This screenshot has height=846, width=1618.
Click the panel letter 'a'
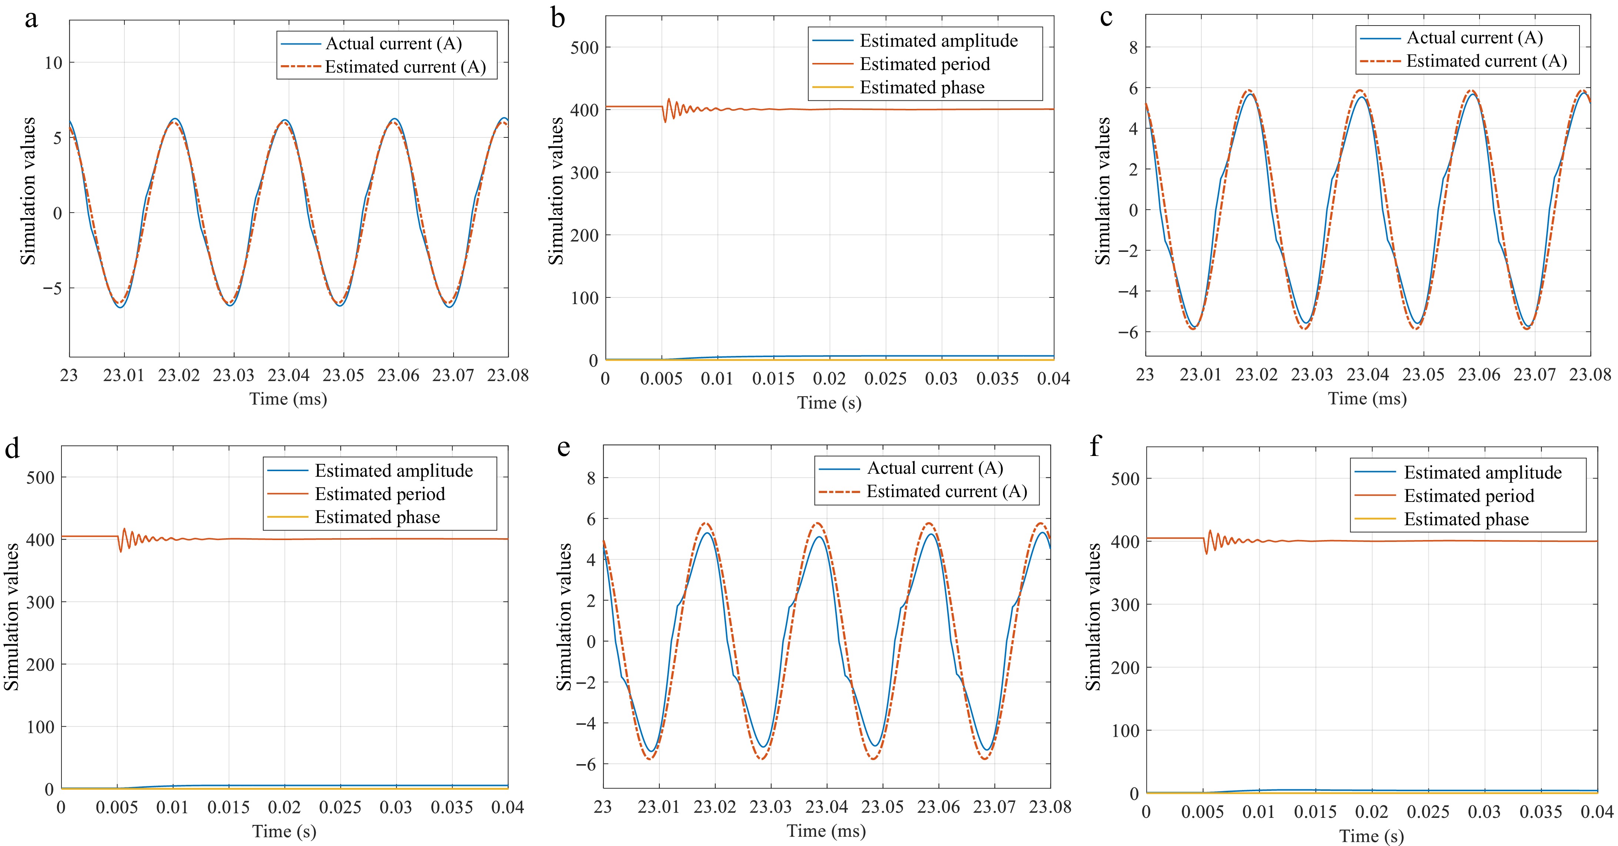(x=31, y=19)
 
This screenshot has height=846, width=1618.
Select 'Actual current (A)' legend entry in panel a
(x=393, y=43)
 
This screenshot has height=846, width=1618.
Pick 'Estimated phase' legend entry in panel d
(x=377, y=517)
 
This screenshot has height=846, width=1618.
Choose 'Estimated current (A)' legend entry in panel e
(x=947, y=492)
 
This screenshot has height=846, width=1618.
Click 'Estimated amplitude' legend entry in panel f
(x=1482, y=473)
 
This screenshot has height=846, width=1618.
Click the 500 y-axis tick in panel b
(x=584, y=48)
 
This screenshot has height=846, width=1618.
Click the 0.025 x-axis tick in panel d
(x=340, y=807)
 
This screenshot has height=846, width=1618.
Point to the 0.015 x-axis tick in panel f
(x=1315, y=812)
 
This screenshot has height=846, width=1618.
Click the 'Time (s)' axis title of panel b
(x=829, y=403)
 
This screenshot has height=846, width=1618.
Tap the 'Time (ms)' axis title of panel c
(x=1367, y=399)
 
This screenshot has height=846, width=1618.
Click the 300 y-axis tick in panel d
(x=40, y=602)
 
